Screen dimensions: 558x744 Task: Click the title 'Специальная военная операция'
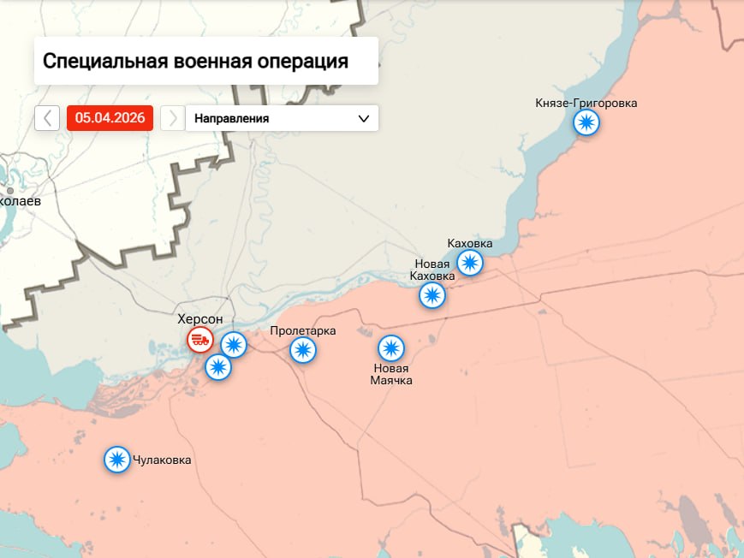coord(195,62)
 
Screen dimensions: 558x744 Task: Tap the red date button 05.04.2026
coord(110,118)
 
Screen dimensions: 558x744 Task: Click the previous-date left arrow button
coord(47,118)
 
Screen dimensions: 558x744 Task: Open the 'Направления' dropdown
coord(282,118)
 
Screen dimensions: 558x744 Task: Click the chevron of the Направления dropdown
coord(363,118)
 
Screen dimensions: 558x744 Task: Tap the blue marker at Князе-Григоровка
coord(586,123)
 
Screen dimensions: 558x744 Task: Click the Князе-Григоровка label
coord(586,104)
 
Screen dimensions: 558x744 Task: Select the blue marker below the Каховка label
coord(469,262)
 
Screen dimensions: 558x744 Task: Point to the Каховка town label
coord(470,244)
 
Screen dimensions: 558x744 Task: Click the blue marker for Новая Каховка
coord(432,295)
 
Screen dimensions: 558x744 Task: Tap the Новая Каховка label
coord(432,270)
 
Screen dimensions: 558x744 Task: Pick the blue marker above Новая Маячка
coord(391,348)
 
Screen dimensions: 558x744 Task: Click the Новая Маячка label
coord(391,374)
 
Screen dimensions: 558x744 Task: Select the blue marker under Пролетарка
coord(302,350)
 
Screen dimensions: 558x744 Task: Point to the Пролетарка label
coord(302,331)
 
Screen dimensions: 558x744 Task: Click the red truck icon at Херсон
coord(200,339)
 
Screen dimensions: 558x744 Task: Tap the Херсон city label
coord(199,319)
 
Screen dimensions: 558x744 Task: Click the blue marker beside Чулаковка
coord(117,460)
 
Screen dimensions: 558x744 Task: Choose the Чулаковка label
coord(162,460)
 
